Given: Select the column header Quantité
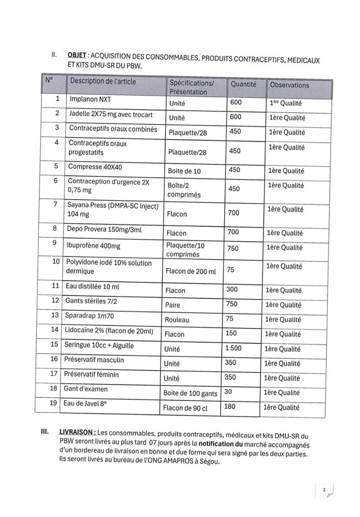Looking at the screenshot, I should [243, 84].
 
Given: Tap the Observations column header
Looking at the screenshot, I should [289, 85].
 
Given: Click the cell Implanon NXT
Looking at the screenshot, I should [90, 100].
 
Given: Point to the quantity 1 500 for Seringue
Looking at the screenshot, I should [233, 348].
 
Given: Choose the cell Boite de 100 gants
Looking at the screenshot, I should [190, 394].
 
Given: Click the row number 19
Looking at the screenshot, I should [53, 403].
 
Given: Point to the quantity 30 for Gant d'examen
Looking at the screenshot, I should [228, 392].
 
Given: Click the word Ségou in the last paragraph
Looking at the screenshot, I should [207, 462].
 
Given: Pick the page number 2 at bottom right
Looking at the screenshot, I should [324, 490].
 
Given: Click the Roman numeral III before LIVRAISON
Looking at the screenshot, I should [45, 432].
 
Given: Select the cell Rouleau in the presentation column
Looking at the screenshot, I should [177, 320].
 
